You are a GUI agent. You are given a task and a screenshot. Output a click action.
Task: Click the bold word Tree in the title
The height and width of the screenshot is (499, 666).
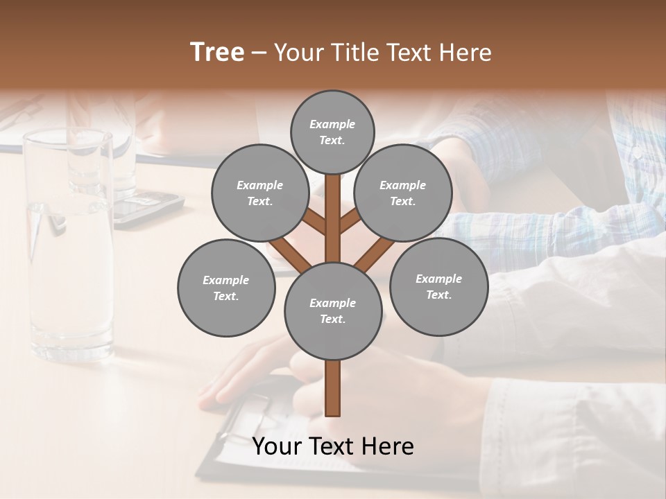pyautogui.click(x=217, y=52)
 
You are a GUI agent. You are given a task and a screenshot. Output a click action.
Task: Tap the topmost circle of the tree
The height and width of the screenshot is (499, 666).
pyautogui.click(x=332, y=132)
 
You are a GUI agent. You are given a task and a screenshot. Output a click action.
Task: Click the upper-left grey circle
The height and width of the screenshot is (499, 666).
pyautogui.click(x=259, y=193)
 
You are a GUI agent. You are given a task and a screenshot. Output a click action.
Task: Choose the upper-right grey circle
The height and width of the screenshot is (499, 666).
pyautogui.click(x=403, y=193)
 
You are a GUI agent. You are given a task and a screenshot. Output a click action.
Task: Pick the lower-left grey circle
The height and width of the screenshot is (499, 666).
pyautogui.click(x=226, y=288)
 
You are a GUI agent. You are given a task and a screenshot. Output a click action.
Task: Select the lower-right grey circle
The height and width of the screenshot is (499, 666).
pyautogui.click(x=438, y=286)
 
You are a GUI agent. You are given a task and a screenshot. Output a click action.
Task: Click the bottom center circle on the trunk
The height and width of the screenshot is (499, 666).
pyautogui.click(x=333, y=310)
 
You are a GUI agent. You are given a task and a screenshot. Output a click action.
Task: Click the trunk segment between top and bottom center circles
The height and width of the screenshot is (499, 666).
pyautogui.click(x=333, y=218)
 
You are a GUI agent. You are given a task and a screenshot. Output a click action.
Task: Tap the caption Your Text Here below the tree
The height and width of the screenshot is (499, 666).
pyautogui.click(x=332, y=446)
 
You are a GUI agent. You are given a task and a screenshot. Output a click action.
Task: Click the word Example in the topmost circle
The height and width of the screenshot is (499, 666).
pyautogui.click(x=332, y=124)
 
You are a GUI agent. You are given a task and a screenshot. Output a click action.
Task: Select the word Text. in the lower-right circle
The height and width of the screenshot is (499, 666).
pyautogui.click(x=438, y=295)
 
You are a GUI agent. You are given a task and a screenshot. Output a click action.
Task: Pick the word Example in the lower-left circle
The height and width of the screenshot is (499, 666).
pyautogui.click(x=225, y=280)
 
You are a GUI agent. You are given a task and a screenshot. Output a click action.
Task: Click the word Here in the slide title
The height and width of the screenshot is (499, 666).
pyautogui.click(x=466, y=53)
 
